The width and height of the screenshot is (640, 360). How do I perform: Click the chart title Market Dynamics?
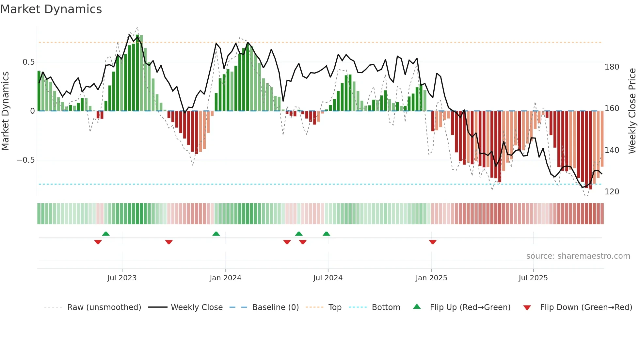click(51, 9)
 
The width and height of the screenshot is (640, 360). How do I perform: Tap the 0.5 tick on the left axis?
click(28, 62)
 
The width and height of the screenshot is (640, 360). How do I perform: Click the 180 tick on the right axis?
click(612, 67)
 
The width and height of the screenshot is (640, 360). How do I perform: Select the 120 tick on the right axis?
click(612, 192)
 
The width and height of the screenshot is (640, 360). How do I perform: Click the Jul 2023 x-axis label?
click(122, 278)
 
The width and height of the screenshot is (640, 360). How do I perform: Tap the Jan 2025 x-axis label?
click(431, 278)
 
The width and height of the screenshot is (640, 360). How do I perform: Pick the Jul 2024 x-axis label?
click(328, 278)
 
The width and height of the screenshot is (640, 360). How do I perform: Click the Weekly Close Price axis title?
click(632, 111)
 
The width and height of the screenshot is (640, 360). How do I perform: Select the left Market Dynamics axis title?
click(5, 111)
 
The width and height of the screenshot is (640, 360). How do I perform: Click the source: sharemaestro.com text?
click(578, 256)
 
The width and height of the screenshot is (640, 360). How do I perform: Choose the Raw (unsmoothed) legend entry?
click(104, 307)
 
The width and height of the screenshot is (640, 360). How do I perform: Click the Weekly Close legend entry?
click(197, 307)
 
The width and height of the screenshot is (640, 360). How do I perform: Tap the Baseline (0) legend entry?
click(275, 307)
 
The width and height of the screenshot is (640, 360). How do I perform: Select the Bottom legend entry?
click(386, 307)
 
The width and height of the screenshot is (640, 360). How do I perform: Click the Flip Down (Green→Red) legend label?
click(586, 307)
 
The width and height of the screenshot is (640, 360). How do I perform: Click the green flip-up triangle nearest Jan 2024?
click(216, 234)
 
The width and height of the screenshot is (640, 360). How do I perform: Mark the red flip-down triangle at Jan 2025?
click(433, 242)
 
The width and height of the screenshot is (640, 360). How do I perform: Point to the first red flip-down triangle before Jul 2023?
click(98, 242)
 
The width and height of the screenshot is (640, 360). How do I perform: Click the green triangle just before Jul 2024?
click(326, 234)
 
